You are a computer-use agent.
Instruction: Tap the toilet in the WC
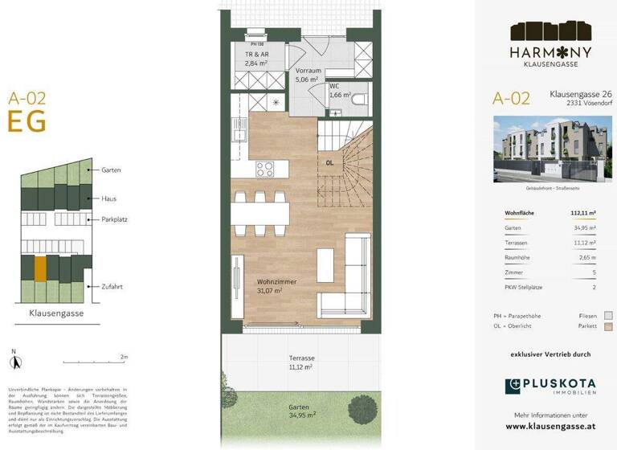[359, 100]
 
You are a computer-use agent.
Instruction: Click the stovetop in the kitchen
[266, 169]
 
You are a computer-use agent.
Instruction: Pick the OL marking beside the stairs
[329, 163]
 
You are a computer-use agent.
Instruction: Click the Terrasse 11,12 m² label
[301, 362]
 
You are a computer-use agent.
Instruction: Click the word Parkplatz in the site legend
[115, 219]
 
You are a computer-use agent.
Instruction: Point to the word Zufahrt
[112, 286]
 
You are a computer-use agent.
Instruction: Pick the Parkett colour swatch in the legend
[608, 326]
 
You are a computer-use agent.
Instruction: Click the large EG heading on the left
[27, 121]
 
